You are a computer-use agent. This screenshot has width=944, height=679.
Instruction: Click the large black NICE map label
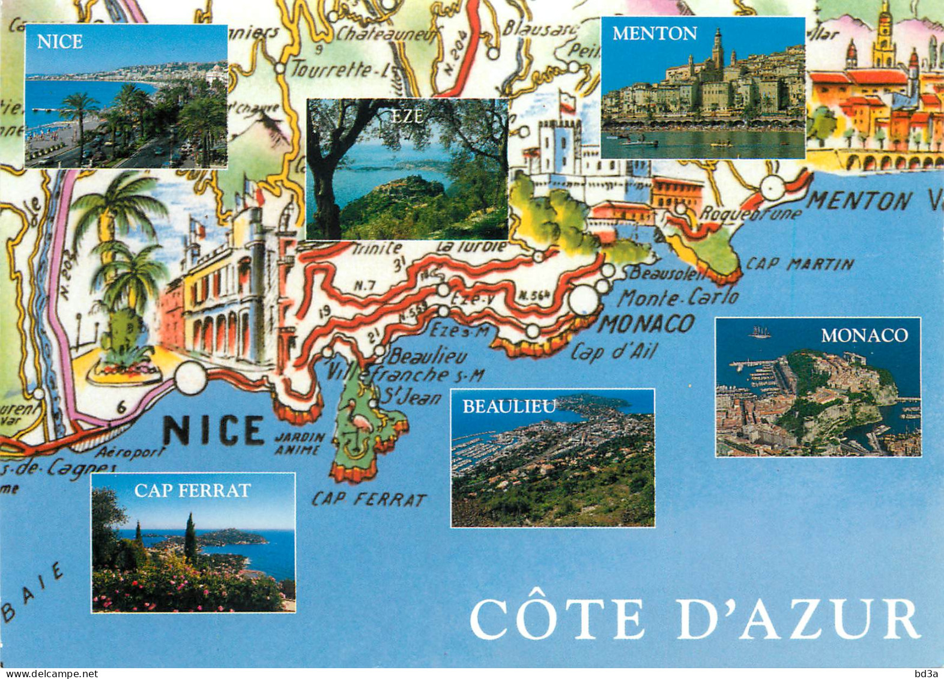click(x=214, y=430)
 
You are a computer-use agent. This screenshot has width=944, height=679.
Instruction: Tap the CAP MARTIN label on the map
click(x=800, y=264)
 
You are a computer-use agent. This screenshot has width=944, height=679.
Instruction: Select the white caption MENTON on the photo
click(x=655, y=34)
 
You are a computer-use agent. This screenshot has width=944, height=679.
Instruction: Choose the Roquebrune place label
click(x=751, y=213)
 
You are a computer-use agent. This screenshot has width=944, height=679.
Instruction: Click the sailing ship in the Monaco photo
click(x=760, y=331)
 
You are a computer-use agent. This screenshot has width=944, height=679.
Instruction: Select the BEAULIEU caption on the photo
click(x=509, y=407)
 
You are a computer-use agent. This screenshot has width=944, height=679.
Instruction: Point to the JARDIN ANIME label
click(x=299, y=443)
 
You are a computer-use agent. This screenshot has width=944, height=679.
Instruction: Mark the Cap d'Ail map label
click(x=613, y=352)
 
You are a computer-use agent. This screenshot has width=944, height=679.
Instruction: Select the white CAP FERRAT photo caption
click(x=192, y=490)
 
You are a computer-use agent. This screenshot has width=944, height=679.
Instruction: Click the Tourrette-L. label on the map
click(x=339, y=70)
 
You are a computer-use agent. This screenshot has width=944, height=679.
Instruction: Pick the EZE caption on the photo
click(x=407, y=117)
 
